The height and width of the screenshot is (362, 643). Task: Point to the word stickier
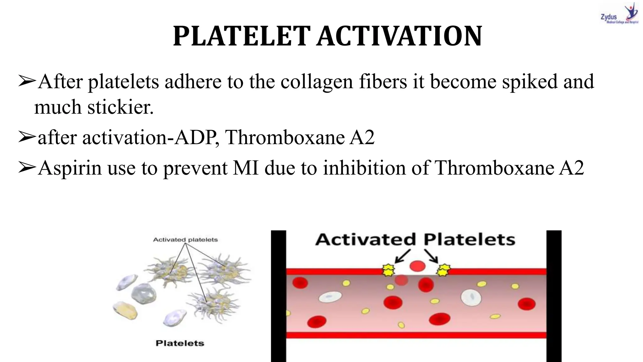point(120,107)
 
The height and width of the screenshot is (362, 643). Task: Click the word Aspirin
point(70,168)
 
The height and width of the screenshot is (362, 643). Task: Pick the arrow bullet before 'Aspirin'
point(27,167)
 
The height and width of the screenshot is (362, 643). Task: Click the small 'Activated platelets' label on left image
point(185,240)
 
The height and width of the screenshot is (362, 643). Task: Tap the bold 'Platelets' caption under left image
point(180,343)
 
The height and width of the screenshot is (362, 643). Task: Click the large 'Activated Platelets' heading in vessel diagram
point(415,240)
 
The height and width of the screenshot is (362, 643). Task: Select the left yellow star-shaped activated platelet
point(388,270)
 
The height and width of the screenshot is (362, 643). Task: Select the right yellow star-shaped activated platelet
point(443,270)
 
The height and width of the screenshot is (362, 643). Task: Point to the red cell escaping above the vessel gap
point(417,266)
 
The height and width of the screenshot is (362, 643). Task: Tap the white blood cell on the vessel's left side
point(330,297)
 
